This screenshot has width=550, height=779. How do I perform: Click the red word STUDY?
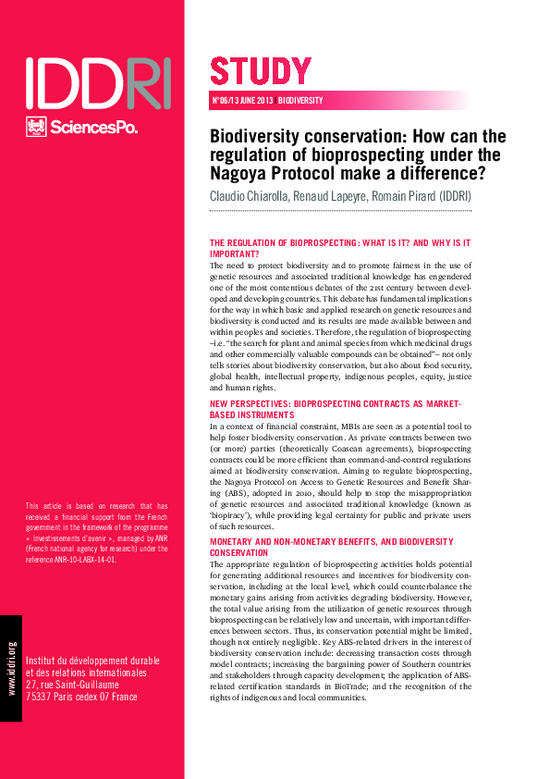tap(261, 71)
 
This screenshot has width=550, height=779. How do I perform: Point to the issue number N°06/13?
tap(227, 101)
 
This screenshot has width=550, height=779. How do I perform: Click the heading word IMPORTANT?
tap(235, 253)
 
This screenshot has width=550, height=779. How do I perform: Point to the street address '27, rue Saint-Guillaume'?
tap(79, 684)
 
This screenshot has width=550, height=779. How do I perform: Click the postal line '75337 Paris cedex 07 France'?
tap(82, 696)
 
